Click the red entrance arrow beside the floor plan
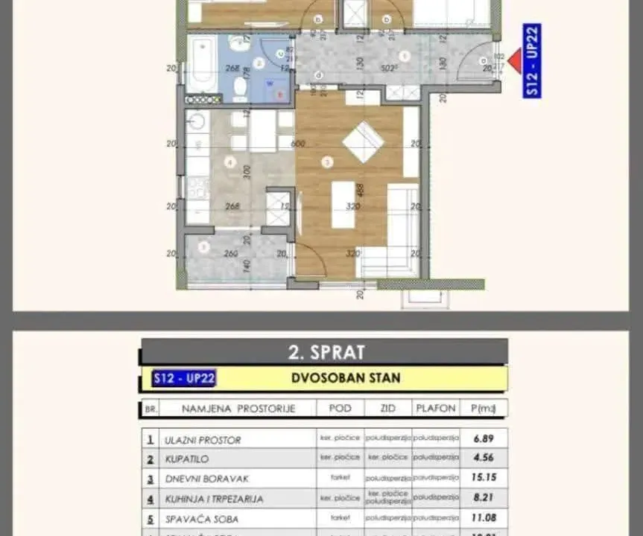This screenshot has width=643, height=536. (x=513, y=60)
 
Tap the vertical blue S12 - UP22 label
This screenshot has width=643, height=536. (x=532, y=60)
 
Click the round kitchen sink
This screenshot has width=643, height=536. (x=196, y=121)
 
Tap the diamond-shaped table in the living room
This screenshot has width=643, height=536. (x=363, y=141)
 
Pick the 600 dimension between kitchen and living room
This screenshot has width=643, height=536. (x=298, y=144)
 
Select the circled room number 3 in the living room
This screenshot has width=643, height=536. (x=326, y=161)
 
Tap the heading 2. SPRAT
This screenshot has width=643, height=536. (x=323, y=351)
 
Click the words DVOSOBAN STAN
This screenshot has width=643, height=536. (x=345, y=378)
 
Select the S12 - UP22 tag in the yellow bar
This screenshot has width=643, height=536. (x=183, y=378)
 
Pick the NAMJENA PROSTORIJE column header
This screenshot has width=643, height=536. (x=228, y=409)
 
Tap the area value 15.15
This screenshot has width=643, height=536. (x=484, y=479)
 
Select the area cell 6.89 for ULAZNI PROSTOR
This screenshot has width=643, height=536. (x=484, y=439)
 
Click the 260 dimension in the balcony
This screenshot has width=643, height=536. (x=211, y=254)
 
